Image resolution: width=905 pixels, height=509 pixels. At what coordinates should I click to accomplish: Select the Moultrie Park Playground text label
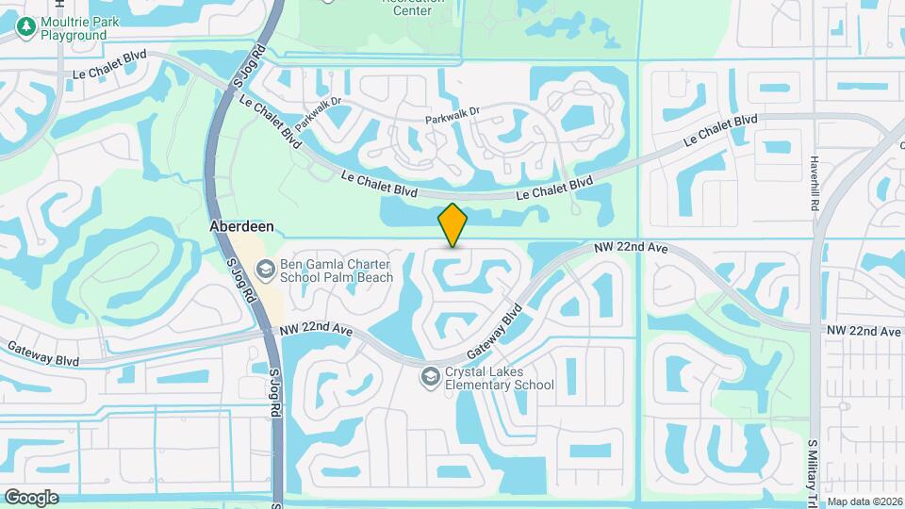73,28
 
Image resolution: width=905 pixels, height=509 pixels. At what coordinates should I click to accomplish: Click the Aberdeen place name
240,228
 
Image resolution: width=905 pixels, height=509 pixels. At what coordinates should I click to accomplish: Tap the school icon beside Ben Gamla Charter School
266,271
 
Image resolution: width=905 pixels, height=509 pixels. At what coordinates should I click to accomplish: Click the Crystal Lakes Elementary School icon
431,376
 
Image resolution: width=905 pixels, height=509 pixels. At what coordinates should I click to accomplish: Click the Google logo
30,497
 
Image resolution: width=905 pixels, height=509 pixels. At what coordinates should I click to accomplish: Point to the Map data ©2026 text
864,501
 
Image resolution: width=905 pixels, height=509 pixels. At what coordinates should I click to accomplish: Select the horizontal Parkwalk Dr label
452,111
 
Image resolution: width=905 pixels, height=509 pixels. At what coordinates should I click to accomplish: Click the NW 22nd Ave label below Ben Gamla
317,331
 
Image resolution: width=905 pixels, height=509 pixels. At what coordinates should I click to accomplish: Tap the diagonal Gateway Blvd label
494,330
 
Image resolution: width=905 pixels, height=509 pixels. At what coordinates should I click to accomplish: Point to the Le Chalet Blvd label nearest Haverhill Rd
721,130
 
